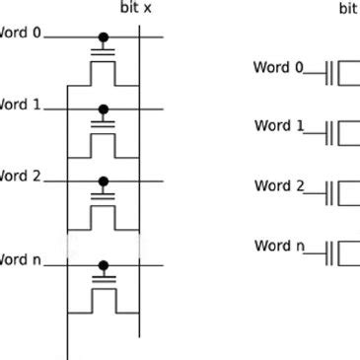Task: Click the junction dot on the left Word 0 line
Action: pyautogui.click(x=103, y=39)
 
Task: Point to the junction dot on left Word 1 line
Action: pyautogui.click(x=103, y=109)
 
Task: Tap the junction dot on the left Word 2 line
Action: pyautogui.click(x=103, y=181)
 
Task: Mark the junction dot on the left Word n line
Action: pyautogui.click(x=103, y=264)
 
